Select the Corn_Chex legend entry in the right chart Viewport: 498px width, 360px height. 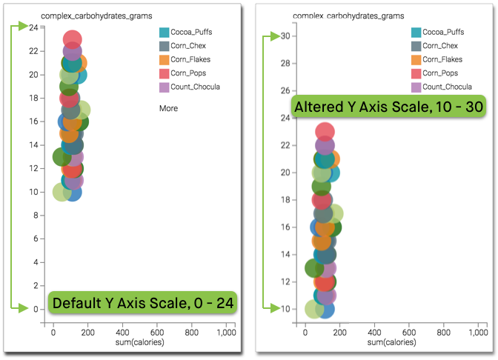[442, 46]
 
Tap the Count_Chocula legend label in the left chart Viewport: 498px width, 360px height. [195, 87]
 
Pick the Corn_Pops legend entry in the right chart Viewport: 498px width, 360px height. [442, 73]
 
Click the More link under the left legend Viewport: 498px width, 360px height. [168, 108]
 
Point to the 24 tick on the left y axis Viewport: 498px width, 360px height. [34, 27]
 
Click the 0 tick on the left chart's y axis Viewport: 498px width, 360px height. [36, 309]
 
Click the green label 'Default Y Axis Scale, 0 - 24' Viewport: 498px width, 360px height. [142, 303]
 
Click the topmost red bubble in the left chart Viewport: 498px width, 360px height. [73, 40]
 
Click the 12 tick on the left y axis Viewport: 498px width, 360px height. [34, 168]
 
